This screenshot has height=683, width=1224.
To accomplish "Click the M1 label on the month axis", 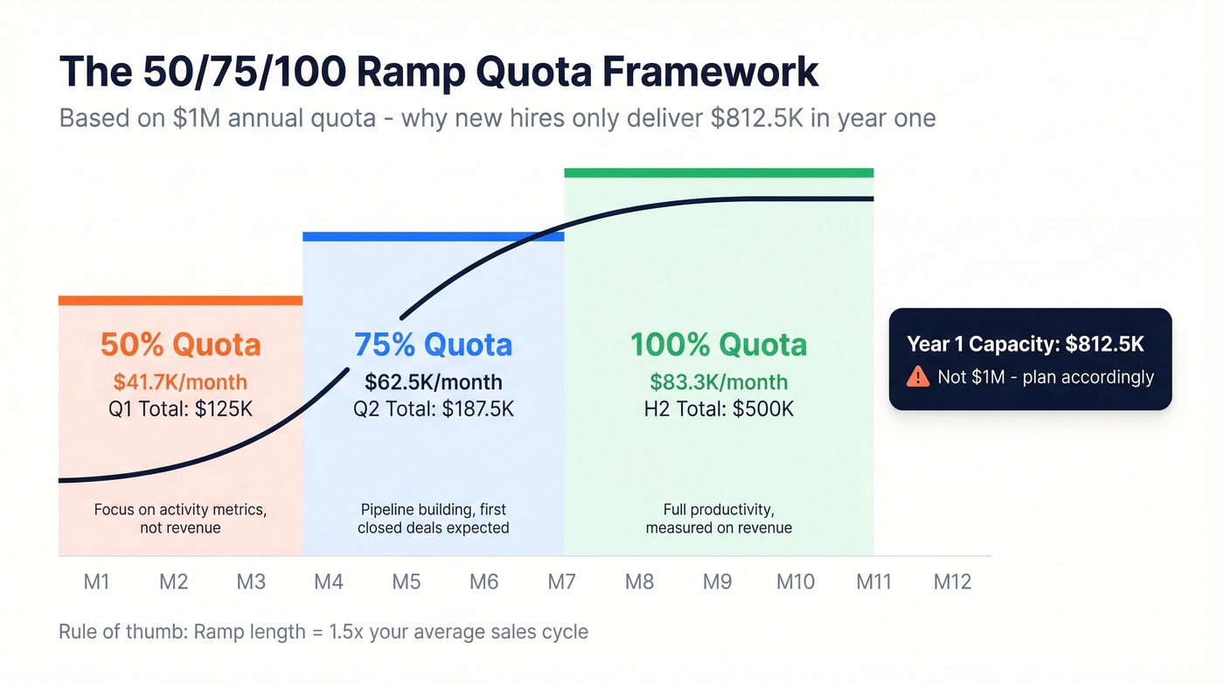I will pos(96,582).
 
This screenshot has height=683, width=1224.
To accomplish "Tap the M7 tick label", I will pos(562,582).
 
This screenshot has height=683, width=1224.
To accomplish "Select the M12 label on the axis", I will pos(952,582).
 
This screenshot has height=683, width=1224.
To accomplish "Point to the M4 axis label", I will pos(329,582).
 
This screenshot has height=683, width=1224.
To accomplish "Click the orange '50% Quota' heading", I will pos(180,345).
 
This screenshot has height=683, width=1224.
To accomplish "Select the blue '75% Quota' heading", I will pos(433,345).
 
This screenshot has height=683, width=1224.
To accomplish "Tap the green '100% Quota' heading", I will pos(719,345).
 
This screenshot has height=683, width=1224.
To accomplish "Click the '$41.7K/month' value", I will pos(180,382).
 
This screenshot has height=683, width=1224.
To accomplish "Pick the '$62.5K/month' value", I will pos(433,382).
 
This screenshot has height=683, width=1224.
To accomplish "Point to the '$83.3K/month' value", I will pos(719,382).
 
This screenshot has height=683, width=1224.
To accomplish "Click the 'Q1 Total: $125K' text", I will pos(180,408).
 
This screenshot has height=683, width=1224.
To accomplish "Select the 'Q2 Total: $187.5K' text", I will pos(433,408).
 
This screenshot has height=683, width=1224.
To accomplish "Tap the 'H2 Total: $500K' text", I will pos(719,408).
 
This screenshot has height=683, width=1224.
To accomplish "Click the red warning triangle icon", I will pos(917,377).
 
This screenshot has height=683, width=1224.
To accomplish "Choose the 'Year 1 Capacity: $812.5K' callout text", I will pos(1025,344).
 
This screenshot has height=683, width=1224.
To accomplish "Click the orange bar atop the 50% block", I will pos(180,301).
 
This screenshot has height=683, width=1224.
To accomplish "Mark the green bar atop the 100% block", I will pos(719,172).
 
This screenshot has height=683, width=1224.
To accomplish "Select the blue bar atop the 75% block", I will pos(433,236).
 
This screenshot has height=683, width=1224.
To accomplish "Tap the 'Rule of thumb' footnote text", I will pos(323,631).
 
